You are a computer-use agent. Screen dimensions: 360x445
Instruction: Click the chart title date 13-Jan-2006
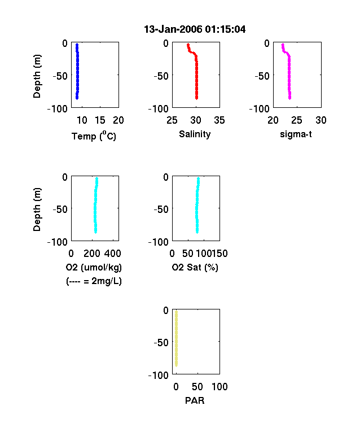point(173,29)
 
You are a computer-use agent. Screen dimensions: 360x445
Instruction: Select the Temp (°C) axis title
point(94,136)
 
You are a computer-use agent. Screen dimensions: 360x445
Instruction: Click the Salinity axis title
point(195,134)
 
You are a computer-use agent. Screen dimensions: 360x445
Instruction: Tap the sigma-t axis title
point(296,134)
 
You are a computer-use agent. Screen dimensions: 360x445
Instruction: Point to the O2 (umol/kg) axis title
point(94,267)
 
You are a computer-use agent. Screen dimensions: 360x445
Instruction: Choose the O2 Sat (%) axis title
point(195,267)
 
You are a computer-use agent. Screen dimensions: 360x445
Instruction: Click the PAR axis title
point(195,400)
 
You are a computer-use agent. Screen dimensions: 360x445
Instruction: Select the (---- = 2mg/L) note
point(94,281)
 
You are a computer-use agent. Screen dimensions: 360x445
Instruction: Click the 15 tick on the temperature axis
point(100,120)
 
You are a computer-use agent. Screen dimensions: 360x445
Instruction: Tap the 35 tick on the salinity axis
point(219,120)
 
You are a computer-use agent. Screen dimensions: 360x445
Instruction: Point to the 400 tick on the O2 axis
point(113,254)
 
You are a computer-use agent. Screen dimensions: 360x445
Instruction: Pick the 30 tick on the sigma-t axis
point(321,120)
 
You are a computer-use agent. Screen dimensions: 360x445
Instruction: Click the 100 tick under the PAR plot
point(219,386)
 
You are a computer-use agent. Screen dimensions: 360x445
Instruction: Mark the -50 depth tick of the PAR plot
point(161,343)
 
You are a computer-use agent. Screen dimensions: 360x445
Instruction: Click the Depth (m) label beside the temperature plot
point(37,76)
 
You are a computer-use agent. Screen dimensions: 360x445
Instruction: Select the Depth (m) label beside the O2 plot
point(37,210)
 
